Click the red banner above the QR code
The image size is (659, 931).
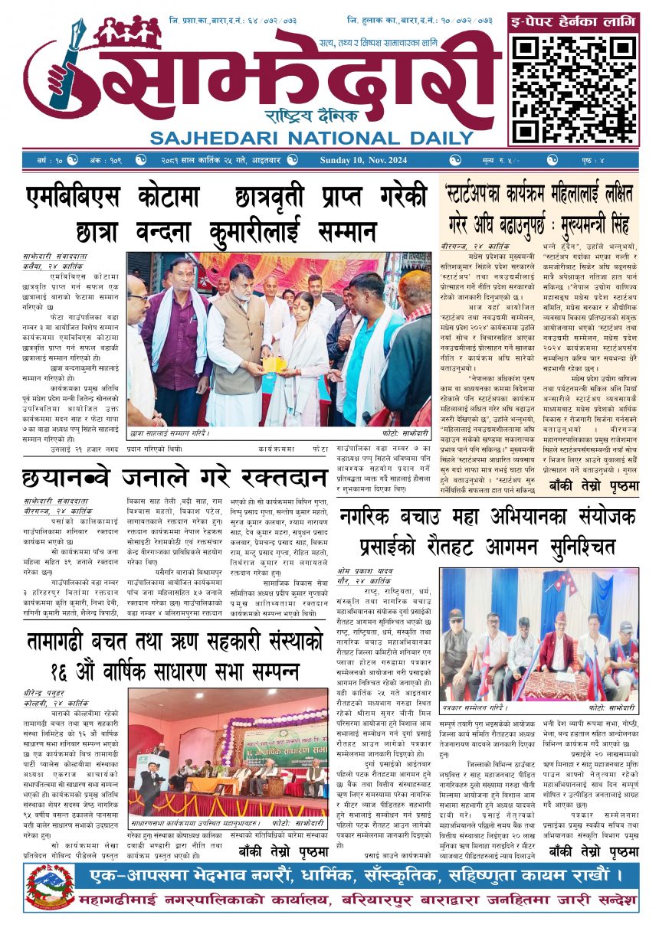[x=574, y=22]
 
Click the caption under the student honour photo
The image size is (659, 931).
[x=169, y=433]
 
